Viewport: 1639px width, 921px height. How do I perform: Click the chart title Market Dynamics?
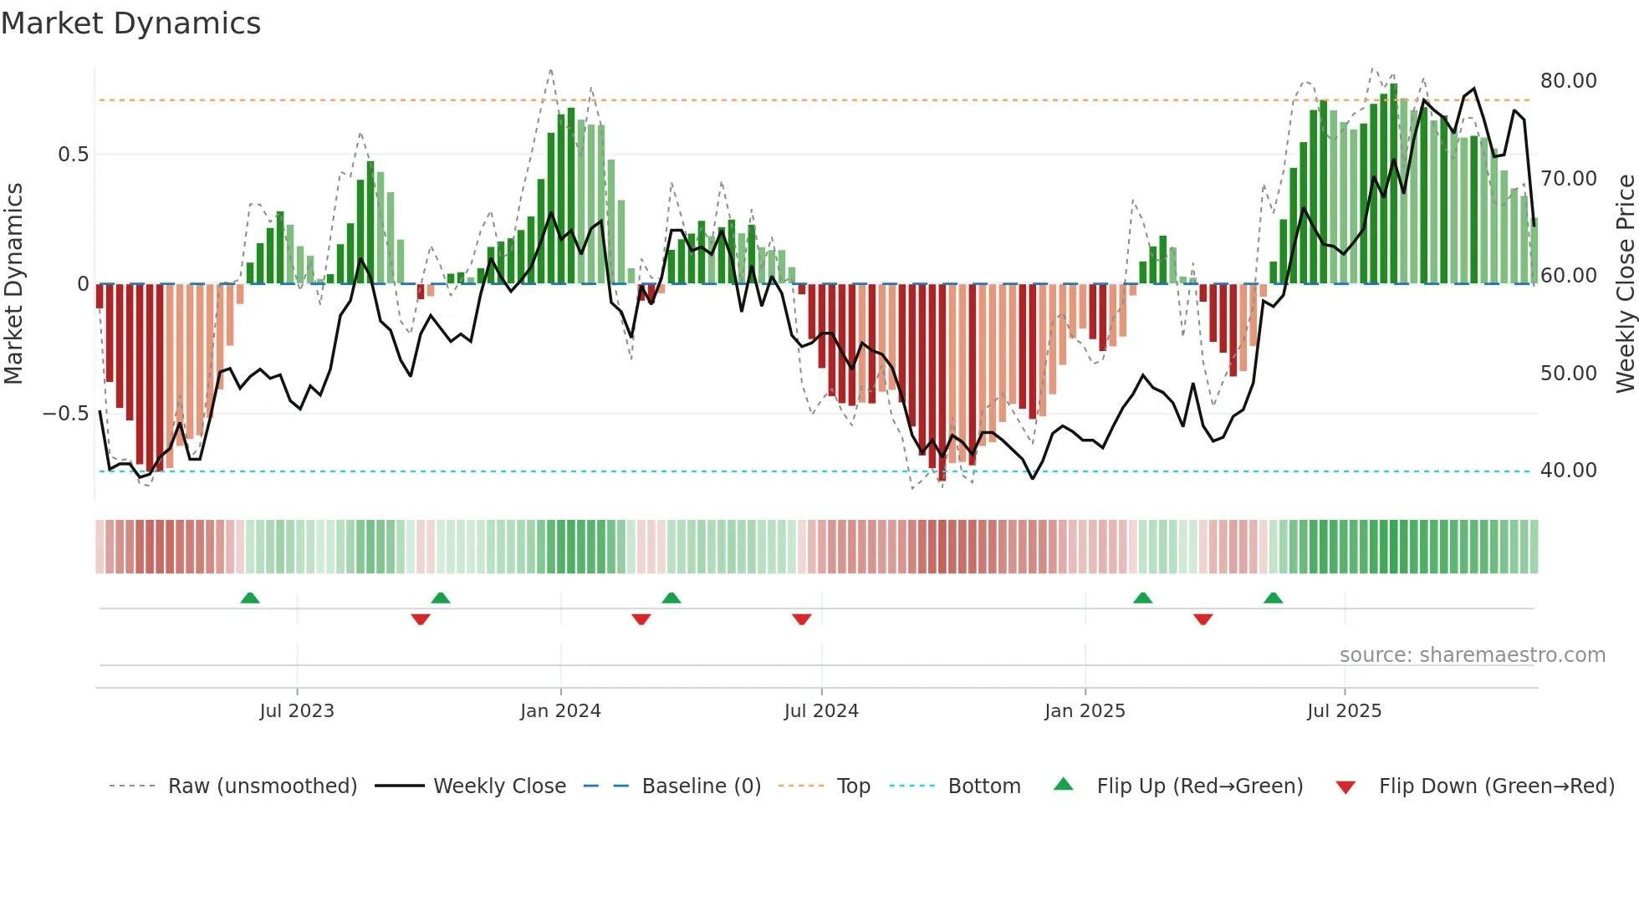[130, 23]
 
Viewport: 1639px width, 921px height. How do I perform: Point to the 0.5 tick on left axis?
[73, 155]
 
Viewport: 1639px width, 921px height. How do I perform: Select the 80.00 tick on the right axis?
[1568, 81]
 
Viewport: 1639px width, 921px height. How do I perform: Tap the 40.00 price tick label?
[1568, 471]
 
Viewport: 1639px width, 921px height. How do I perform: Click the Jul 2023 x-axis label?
[296, 711]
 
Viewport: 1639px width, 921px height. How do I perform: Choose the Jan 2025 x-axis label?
[1085, 711]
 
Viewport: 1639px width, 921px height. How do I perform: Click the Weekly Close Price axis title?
[1625, 284]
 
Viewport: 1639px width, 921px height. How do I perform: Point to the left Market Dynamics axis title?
[13, 284]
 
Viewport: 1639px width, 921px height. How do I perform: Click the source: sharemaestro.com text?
[1472, 655]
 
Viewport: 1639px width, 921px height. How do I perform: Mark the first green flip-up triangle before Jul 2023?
[249, 598]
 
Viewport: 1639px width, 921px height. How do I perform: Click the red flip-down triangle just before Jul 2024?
[801, 619]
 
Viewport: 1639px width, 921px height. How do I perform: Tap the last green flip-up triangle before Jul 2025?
[1273, 598]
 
